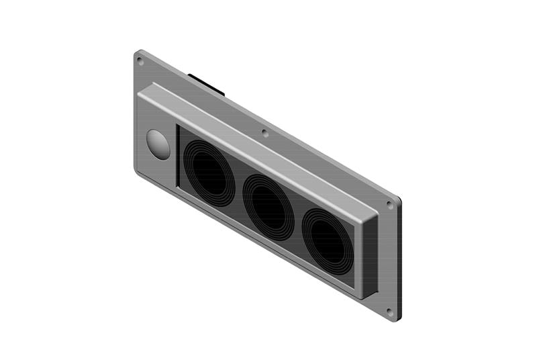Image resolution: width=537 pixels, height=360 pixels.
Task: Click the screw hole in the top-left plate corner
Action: pyautogui.click(x=140, y=61)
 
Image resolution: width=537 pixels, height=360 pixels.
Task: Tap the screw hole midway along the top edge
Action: pyautogui.click(x=265, y=133)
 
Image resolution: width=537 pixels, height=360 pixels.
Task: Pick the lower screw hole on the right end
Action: pyautogui.click(x=390, y=311)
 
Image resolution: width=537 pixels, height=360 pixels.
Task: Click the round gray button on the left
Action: pyautogui.click(x=158, y=144)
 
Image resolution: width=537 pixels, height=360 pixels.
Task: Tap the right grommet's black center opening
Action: pyautogui.click(x=328, y=240)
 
